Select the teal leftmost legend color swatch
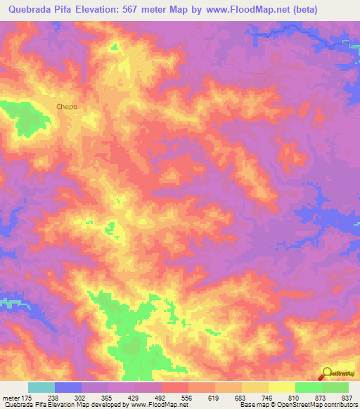pos(41,387)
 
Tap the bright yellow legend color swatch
pos(281,387)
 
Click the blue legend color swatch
pos(68,387)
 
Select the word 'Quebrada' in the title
pos(30,10)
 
